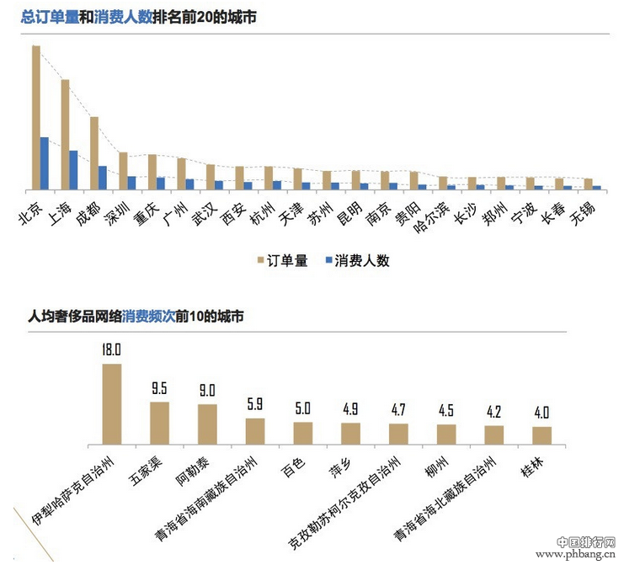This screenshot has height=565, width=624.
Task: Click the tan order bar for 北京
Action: [36, 117]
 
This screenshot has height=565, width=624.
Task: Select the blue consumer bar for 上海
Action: [73, 170]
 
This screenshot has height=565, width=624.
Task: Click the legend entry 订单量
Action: [281, 261]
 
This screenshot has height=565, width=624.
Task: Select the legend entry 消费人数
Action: [355, 261]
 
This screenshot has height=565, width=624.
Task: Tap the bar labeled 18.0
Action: [111, 403]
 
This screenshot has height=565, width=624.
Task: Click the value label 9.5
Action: [159, 389]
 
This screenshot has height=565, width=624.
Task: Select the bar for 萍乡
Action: [350, 433]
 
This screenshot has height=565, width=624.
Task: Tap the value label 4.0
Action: [542, 413]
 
